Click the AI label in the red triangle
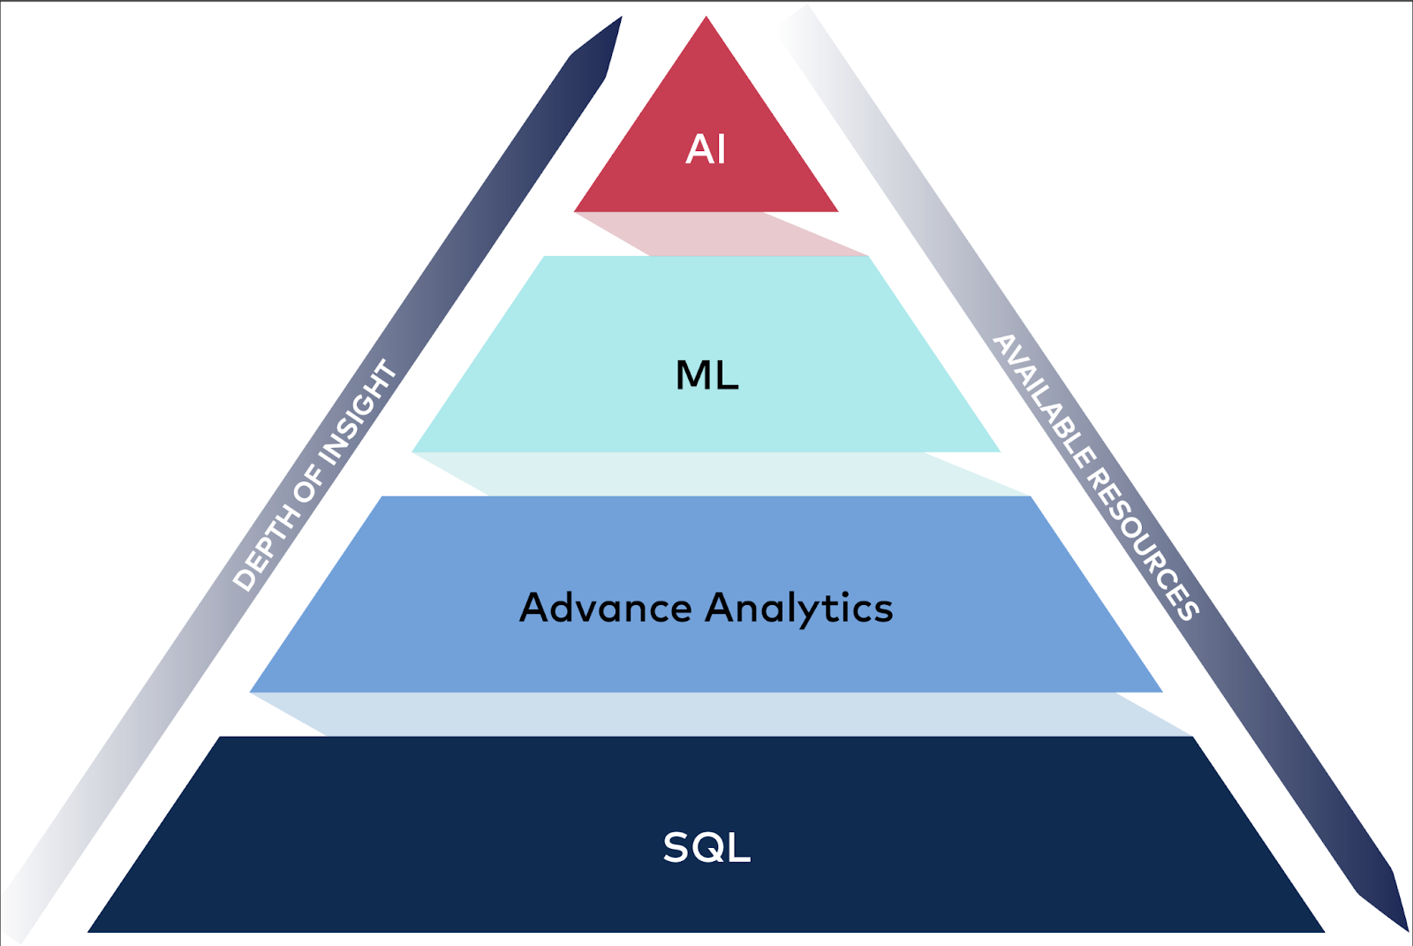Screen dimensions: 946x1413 click(706, 149)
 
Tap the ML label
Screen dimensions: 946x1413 click(706, 375)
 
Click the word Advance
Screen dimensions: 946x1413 click(606, 608)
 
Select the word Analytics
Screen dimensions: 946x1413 click(799, 609)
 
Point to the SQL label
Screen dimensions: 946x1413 click(706, 847)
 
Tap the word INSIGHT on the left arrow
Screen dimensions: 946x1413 click(359, 411)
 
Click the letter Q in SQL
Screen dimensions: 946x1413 click(706, 848)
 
